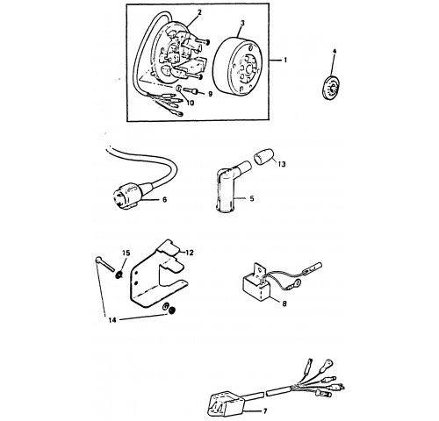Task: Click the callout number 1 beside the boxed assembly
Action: (x=285, y=61)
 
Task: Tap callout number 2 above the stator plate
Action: (x=200, y=12)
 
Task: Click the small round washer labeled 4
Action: (x=329, y=87)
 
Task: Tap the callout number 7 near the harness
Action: (x=265, y=411)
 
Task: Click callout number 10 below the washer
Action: (x=191, y=103)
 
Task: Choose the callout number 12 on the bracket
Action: (x=190, y=253)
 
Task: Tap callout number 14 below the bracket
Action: (x=112, y=320)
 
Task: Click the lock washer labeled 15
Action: (x=119, y=275)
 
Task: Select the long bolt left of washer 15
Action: (x=104, y=264)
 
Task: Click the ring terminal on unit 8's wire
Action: (x=297, y=282)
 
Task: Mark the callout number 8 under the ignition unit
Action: (x=284, y=303)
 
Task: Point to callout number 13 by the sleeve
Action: (x=282, y=164)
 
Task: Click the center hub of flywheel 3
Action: (x=249, y=70)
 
